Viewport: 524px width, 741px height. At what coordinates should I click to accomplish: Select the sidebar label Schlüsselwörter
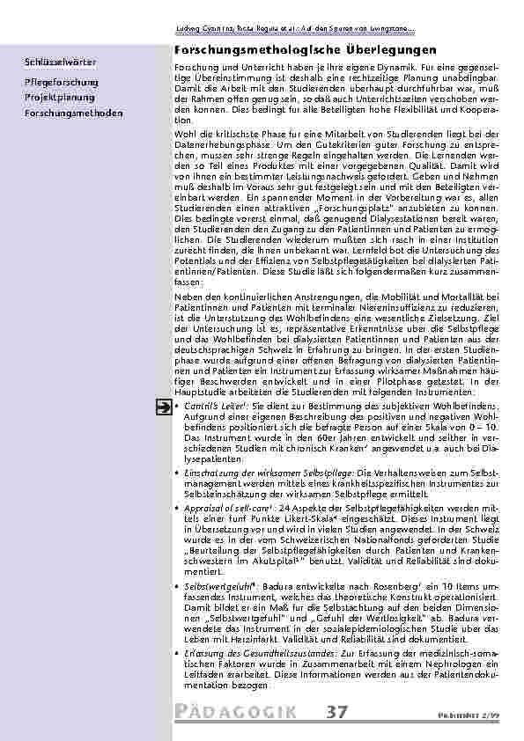(x=61, y=63)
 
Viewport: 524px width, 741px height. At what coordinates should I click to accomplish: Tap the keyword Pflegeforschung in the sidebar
(x=62, y=81)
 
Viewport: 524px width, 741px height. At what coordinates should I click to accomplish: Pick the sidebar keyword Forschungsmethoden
(x=75, y=114)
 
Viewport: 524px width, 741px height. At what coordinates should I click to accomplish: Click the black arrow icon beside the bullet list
(x=163, y=407)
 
